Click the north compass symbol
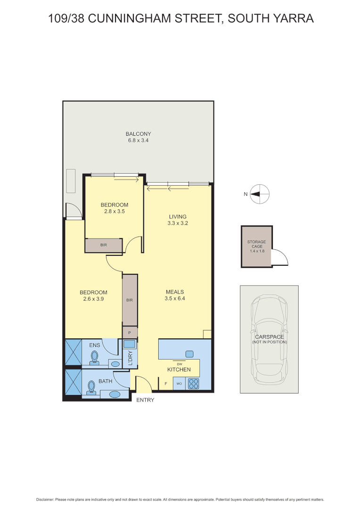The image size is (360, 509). (260, 194)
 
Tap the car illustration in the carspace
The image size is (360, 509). (269, 339)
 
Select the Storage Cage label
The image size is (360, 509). (257, 246)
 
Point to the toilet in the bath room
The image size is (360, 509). (91, 387)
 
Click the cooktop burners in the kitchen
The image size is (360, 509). (193, 384)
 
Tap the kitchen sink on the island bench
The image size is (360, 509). (189, 354)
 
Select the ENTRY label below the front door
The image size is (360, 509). (145, 400)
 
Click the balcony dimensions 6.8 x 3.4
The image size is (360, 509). (138, 140)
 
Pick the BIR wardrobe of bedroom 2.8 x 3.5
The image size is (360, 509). (104, 246)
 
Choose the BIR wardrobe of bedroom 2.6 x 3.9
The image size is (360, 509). (130, 300)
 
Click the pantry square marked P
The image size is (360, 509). (130, 332)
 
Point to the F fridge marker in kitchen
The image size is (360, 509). (165, 384)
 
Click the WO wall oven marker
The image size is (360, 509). (179, 384)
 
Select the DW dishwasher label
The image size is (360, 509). (180, 364)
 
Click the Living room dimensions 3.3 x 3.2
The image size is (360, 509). (178, 223)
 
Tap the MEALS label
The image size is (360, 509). (174, 292)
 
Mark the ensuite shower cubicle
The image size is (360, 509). (73, 352)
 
